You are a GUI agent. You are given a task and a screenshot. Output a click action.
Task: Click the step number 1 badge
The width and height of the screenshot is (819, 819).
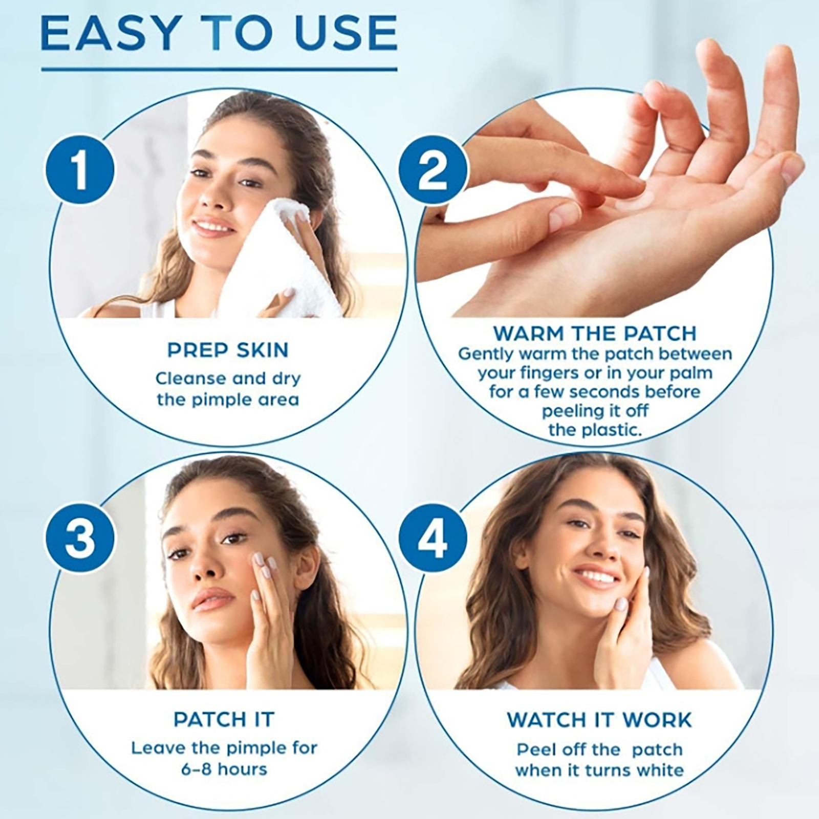click(x=79, y=169)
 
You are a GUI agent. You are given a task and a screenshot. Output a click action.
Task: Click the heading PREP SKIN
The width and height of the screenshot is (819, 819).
click(x=228, y=350)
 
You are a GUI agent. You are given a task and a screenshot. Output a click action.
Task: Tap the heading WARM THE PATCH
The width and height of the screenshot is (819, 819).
click(x=595, y=333)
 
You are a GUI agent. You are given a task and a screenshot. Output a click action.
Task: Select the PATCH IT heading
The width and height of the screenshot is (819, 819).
click(x=224, y=719)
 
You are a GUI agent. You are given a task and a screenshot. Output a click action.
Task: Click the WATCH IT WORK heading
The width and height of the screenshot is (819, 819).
click(x=599, y=720)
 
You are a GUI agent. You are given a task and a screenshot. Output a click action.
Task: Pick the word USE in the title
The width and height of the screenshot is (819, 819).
click(x=342, y=33)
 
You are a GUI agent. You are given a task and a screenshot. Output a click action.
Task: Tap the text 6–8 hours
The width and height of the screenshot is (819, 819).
click(x=224, y=769)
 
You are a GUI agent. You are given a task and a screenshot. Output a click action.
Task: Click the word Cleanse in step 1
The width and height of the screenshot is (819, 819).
click(x=190, y=378)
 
